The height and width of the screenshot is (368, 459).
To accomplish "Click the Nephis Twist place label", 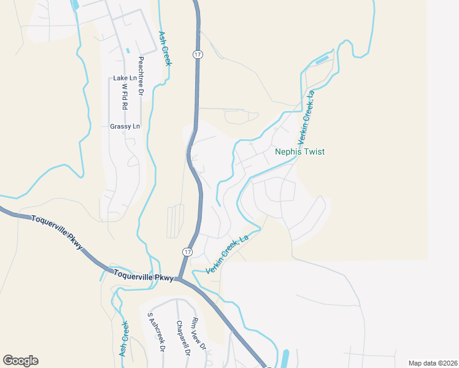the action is pos(299,151).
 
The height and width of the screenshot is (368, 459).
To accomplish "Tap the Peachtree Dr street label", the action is pos(141,76).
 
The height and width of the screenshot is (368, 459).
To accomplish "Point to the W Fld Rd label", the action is pos(125,97).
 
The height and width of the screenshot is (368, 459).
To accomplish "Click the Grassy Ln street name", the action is pos(125,126).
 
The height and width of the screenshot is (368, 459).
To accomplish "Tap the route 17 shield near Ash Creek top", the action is pos(197,55).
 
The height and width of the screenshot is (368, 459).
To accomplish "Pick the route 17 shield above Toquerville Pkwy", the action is pos(187,251).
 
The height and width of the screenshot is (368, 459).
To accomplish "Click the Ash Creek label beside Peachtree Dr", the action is pos(164,48).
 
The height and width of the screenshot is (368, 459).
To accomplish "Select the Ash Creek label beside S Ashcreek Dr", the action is pos(124,339).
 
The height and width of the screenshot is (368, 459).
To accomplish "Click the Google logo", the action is pos(20,361).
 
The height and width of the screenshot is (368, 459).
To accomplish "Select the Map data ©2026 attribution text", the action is pos(433,363).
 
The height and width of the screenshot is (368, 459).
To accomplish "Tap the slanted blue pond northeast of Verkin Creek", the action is pos(322,61).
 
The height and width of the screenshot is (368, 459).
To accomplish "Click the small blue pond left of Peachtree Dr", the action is pos(128,50).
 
